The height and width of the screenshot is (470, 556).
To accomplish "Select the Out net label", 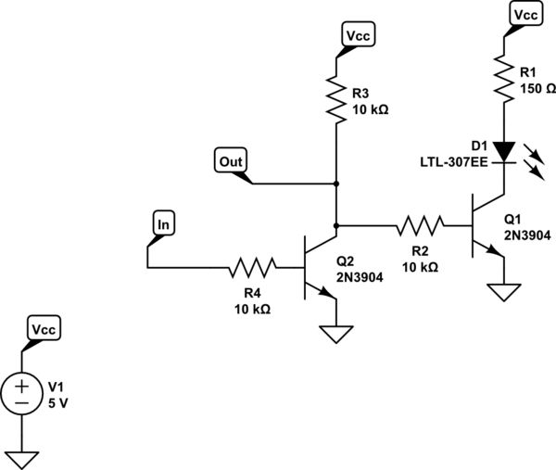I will (231, 159).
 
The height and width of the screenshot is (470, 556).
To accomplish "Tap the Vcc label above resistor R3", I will (357, 36).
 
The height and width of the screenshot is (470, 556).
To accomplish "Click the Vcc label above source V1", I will (43, 330).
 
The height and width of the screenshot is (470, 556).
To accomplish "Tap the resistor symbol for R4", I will (252, 269).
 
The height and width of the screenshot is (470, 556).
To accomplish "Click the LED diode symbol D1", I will (502, 151).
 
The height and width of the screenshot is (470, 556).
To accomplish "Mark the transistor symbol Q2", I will (316, 269).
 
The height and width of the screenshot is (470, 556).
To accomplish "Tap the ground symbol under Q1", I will (502, 292).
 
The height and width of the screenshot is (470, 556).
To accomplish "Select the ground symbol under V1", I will (19, 458).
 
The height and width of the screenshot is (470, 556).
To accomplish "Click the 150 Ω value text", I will (539, 89).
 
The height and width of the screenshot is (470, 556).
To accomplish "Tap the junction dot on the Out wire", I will (335, 184).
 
